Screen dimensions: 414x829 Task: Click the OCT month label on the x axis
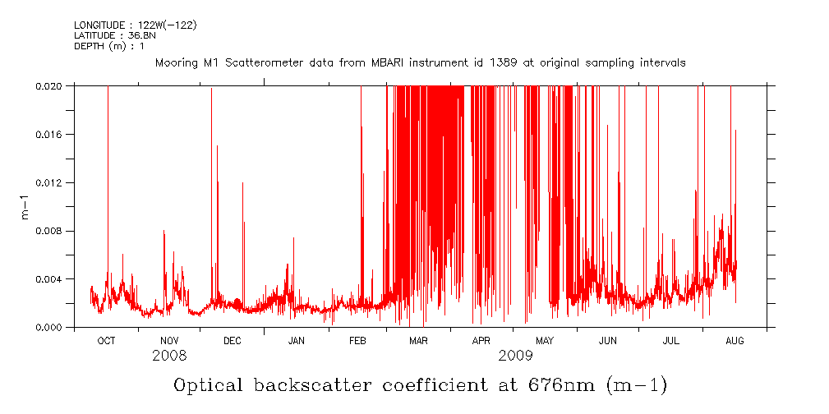coord(106,340)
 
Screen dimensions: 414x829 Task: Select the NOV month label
coord(169,340)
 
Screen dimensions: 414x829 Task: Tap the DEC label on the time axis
coord(233,340)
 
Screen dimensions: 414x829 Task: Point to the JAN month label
coord(296,340)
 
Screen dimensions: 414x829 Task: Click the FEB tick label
coord(357,340)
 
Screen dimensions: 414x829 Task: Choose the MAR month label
coord(418,340)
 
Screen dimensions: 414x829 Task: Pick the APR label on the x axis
coord(481,340)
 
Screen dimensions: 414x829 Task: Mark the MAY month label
coord(545,340)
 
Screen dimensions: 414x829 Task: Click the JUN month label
coord(608,340)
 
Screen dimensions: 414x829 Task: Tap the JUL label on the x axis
coord(671,340)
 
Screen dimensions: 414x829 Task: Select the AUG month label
coord(735,340)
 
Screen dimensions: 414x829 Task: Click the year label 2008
coord(169,356)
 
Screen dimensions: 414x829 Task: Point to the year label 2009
coord(515,356)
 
